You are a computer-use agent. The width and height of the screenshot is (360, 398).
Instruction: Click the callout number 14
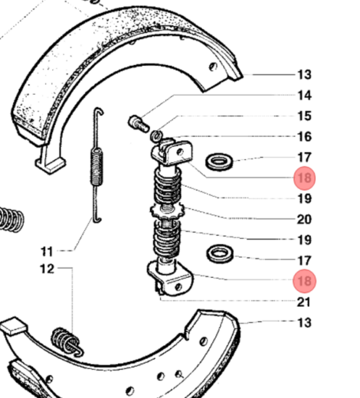pos(305,96)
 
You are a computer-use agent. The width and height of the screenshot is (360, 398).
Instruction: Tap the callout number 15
pos(305,116)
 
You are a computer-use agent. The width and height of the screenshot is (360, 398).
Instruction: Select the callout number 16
pos(305,137)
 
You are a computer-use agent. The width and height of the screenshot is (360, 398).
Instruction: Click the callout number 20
pos(304,220)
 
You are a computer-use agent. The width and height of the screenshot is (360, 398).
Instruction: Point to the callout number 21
pos(304,302)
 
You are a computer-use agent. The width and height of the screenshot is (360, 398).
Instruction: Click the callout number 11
pos(47,252)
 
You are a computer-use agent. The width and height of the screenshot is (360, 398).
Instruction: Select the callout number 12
pos(47,269)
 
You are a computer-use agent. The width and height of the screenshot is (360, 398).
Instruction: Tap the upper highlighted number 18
pos(305,178)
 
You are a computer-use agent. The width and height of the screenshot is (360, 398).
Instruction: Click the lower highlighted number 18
pos(305,281)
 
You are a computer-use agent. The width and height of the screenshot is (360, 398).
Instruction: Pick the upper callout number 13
pos(305,75)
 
